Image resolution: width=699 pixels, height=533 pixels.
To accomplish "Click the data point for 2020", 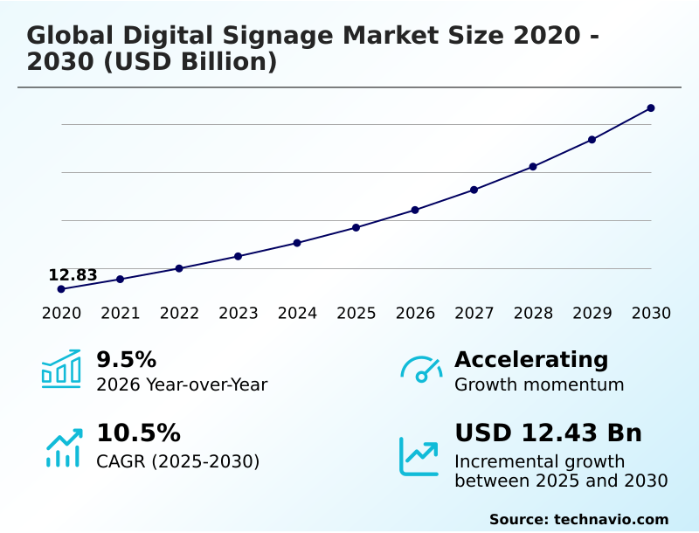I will point(61,289).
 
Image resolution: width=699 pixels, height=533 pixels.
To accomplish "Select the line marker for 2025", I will point(356,228).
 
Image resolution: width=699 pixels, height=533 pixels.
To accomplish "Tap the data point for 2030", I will point(651,108).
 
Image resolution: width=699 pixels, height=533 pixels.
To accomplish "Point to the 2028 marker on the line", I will point(533,167).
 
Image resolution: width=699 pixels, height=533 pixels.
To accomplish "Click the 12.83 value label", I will point(73,275).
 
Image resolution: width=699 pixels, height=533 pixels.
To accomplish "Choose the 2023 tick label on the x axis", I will point(238,314).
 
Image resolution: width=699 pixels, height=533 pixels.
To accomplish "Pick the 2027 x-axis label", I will point(474,314).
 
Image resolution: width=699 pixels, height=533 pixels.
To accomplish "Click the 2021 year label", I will point(120,314).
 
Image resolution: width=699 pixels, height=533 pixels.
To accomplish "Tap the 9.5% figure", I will point(126,359).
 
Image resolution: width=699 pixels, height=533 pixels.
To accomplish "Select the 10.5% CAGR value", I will point(138,433).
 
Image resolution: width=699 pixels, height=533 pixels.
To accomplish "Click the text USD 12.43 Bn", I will point(548,433).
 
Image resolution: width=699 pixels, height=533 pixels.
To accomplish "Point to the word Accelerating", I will point(531,359).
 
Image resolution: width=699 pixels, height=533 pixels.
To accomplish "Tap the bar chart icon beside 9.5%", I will point(61,370).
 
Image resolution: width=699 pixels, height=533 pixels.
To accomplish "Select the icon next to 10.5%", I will point(63,447).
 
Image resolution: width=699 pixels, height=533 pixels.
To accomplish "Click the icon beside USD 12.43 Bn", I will point(419,456).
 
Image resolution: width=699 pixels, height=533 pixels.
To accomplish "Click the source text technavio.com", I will point(611,519).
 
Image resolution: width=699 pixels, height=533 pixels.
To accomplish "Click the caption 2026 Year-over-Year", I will point(182,384).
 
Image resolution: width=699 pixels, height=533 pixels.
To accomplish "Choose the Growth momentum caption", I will point(539,384).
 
